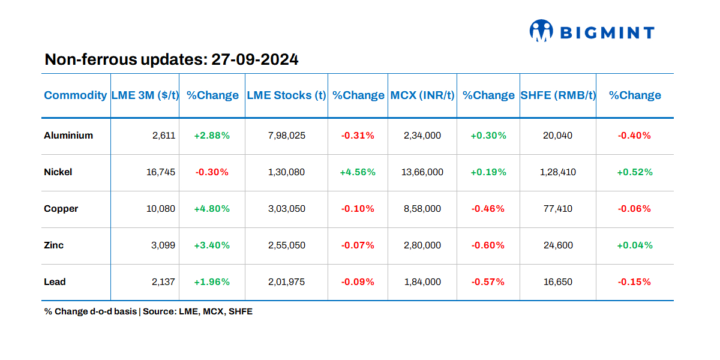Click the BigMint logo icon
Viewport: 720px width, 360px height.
click(541, 31)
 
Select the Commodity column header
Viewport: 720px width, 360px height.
click(76, 95)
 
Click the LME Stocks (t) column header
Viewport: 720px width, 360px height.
click(286, 95)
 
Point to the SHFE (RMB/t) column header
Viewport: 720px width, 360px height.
click(557, 95)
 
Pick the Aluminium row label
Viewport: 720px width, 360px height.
click(68, 136)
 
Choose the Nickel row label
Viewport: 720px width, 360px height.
click(58, 172)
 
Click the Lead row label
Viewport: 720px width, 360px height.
click(55, 282)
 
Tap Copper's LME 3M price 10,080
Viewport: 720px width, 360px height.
click(161, 209)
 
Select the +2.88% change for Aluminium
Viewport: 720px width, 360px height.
click(212, 136)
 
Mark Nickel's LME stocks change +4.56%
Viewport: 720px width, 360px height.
click(358, 172)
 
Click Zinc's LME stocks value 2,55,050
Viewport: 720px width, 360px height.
click(286, 245)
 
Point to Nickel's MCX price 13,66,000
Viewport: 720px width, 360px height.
click(422, 172)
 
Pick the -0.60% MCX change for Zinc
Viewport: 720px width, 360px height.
click(488, 245)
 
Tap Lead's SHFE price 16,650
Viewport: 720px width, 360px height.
click(557, 282)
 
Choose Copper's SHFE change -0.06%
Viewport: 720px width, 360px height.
click(634, 209)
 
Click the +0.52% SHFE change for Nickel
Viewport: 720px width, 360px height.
click(635, 172)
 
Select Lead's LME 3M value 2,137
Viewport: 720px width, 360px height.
click(164, 282)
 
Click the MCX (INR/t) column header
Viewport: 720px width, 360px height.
click(422, 95)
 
